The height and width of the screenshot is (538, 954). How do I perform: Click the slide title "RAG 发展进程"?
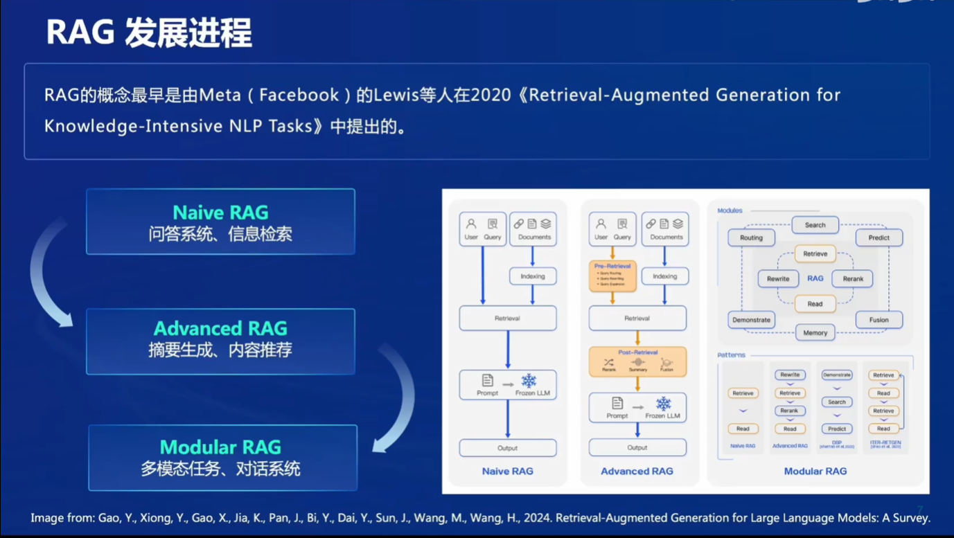click(148, 33)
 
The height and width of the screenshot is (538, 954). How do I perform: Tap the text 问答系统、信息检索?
click(220, 234)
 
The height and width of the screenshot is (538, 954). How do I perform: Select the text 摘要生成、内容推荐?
click(220, 350)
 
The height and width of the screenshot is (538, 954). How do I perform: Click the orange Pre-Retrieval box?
click(612, 276)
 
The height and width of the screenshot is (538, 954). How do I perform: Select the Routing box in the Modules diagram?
click(751, 237)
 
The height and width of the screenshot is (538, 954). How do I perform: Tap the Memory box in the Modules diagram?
click(815, 332)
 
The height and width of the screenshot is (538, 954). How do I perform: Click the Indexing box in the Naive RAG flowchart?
click(533, 276)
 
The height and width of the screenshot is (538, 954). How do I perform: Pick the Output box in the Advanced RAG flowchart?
click(637, 447)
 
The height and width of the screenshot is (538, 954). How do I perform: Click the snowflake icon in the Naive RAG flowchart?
click(529, 381)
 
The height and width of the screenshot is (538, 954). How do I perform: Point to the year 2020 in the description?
click(490, 95)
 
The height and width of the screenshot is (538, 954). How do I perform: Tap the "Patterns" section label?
click(732, 355)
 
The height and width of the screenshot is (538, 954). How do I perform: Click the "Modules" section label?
click(730, 210)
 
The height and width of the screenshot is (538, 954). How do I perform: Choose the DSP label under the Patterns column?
click(837, 441)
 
